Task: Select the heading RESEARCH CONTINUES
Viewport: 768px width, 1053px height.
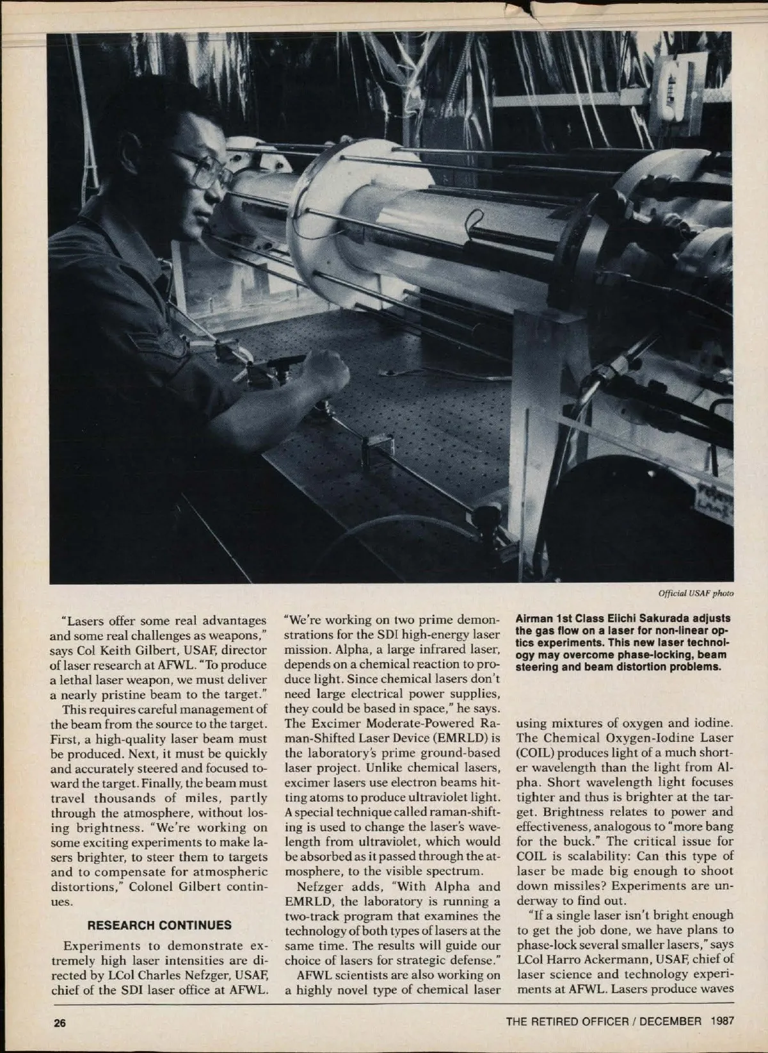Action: tap(159, 925)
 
